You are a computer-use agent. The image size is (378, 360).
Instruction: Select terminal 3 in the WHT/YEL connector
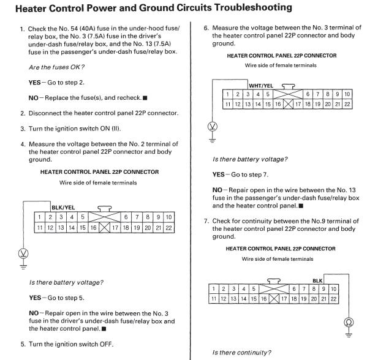[x=248, y=94]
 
